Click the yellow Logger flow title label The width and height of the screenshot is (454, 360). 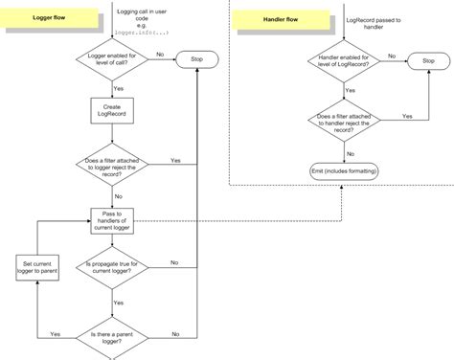pos(48,17)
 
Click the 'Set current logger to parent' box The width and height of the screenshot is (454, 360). pos(35,268)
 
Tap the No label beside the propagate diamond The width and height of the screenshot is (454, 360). pos(174,260)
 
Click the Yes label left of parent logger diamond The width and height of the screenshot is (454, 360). pos(55,333)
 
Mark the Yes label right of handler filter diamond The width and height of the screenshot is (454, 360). pos(407,115)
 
